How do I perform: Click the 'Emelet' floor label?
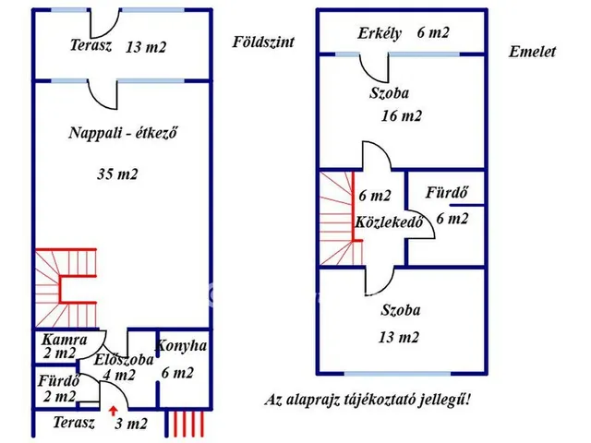coord(532,53)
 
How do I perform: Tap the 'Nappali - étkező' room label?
coord(122,132)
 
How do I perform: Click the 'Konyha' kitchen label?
coord(181,347)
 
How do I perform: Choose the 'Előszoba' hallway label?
coord(118,361)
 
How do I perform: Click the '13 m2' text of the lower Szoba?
coord(399,338)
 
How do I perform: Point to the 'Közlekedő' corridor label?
coord(389,223)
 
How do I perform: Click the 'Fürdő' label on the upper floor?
coord(444,194)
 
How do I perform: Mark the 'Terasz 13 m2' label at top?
coord(116,46)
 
